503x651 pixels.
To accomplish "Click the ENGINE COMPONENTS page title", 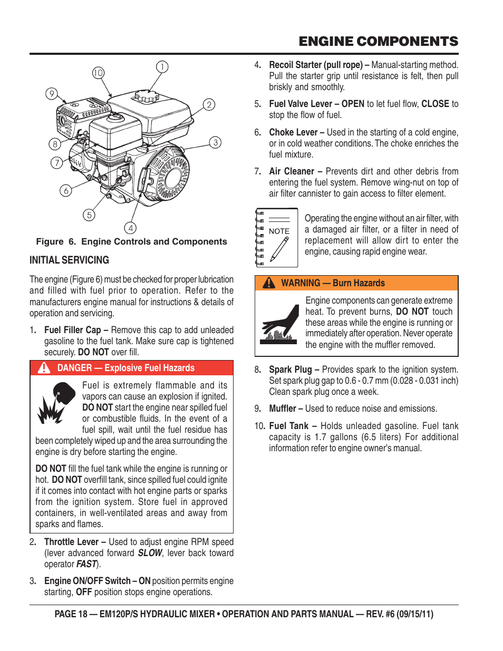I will click(x=378, y=42).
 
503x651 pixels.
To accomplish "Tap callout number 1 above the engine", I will click(x=162, y=67).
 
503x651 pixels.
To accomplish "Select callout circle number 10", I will click(x=98, y=73).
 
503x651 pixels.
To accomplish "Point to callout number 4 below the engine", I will click(x=130, y=228).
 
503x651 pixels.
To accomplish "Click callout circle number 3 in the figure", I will click(x=215, y=142).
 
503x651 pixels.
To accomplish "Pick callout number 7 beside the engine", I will click(x=56, y=163).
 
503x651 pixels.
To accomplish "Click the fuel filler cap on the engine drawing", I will click(x=146, y=96).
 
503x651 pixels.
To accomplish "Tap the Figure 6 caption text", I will click(x=131, y=241).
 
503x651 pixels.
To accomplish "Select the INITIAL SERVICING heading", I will click(x=69, y=260).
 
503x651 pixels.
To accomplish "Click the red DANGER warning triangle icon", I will click(x=44, y=368).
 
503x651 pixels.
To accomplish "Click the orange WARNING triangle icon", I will click(x=269, y=283).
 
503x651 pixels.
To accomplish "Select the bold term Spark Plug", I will click(x=290, y=370).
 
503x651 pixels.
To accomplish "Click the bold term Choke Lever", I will click(x=293, y=132).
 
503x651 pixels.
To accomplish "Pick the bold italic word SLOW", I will click(x=150, y=553).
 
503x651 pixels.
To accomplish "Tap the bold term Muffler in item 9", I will click(x=283, y=409).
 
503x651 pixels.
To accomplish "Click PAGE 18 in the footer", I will click(x=71, y=614).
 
